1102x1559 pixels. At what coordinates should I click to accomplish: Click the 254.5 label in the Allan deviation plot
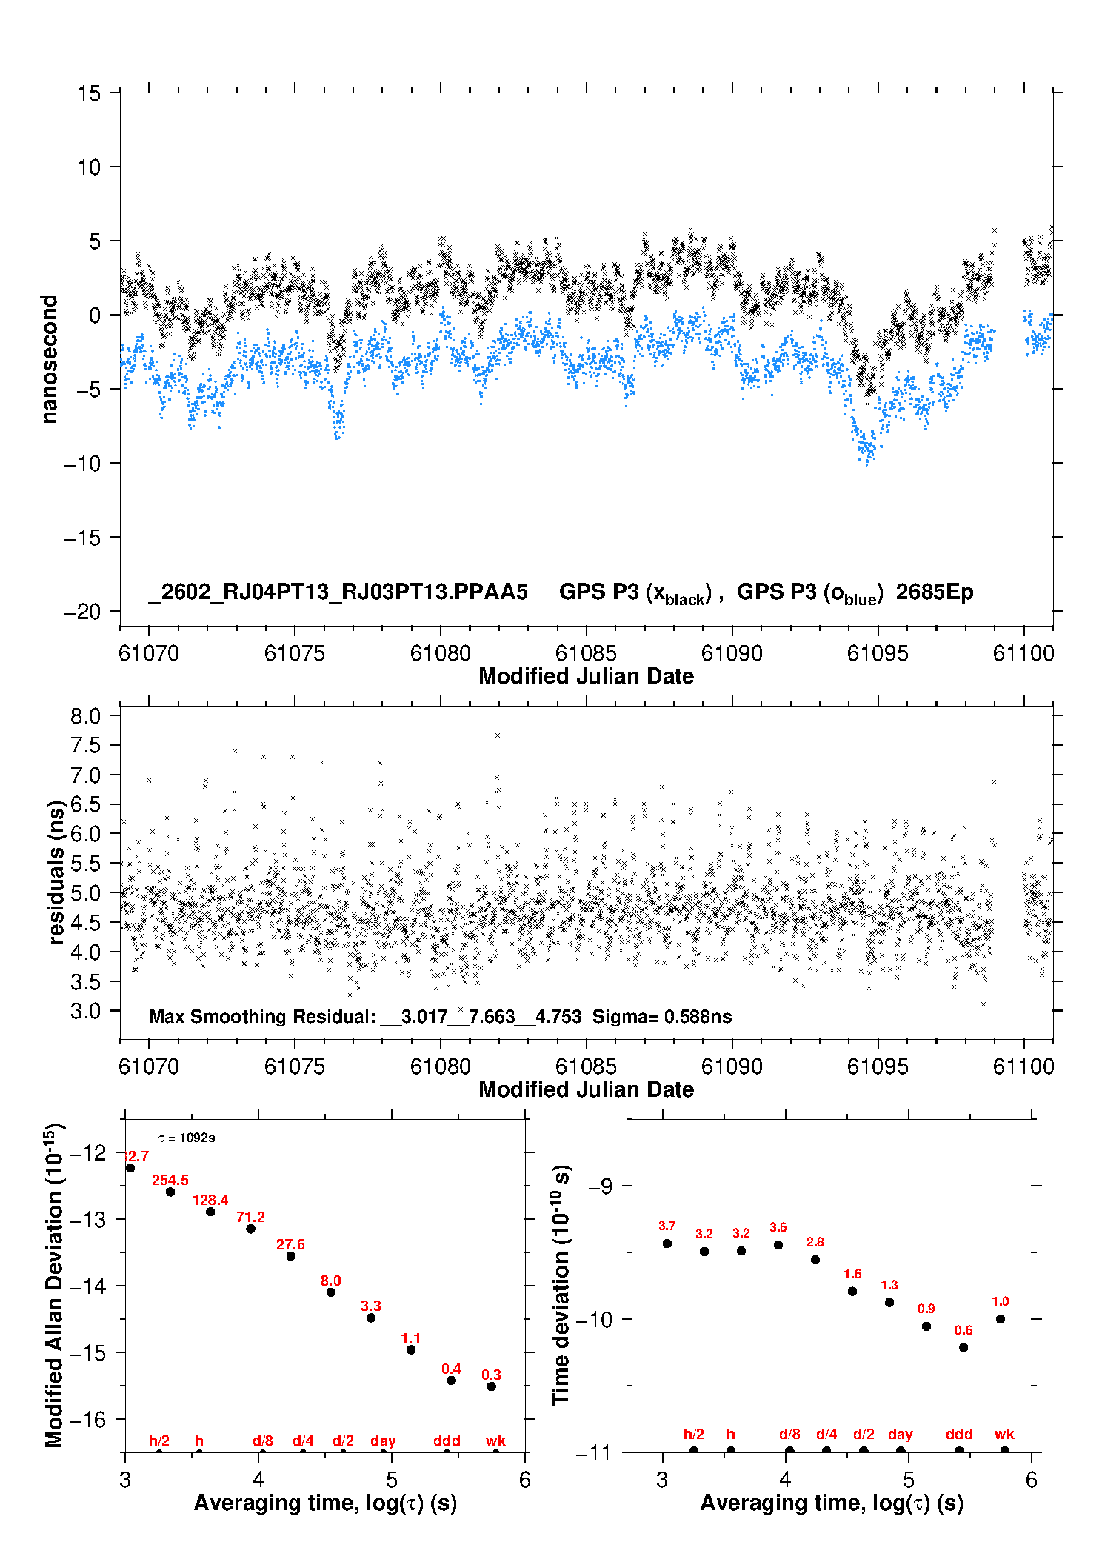(x=170, y=1180)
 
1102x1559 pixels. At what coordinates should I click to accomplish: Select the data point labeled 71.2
(x=250, y=1229)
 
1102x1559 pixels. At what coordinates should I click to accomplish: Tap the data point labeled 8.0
(x=331, y=1292)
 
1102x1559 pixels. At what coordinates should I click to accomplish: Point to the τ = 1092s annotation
(x=187, y=1138)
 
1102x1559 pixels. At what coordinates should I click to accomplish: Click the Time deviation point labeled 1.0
(x=1001, y=1319)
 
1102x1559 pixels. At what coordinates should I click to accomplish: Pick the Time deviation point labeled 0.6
(x=964, y=1347)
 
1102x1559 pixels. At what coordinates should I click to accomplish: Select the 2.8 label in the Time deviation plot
(x=815, y=1242)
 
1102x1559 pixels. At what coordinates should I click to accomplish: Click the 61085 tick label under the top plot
(x=586, y=653)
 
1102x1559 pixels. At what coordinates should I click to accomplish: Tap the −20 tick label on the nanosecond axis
(x=82, y=612)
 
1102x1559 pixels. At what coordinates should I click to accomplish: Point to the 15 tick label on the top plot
(x=89, y=93)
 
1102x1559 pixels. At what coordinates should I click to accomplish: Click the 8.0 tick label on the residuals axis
(x=85, y=716)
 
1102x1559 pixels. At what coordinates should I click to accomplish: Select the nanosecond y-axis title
(x=49, y=359)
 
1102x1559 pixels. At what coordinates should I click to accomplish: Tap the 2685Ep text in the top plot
(x=935, y=592)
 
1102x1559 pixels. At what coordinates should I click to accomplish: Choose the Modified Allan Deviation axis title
(x=54, y=1285)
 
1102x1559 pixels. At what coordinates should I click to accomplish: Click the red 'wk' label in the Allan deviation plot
(x=495, y=1441)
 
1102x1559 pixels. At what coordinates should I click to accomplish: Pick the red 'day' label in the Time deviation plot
(x=900, y=1434)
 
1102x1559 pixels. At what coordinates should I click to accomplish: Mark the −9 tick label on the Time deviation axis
(x=600, y=1186)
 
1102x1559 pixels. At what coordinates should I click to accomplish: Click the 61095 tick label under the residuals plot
(x=878, y=1066)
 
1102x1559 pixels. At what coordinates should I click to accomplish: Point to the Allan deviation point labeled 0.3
(x=491, y=1386)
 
